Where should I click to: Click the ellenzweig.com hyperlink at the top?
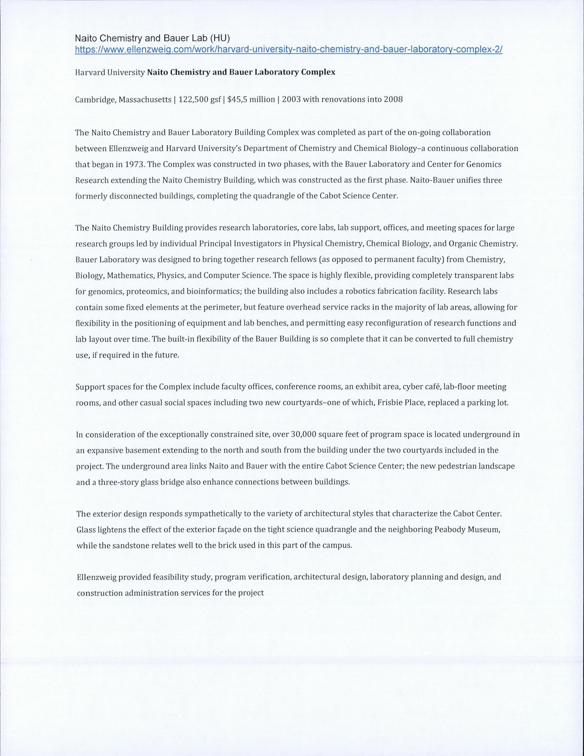[289, 49]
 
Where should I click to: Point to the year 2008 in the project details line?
[393, 99]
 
